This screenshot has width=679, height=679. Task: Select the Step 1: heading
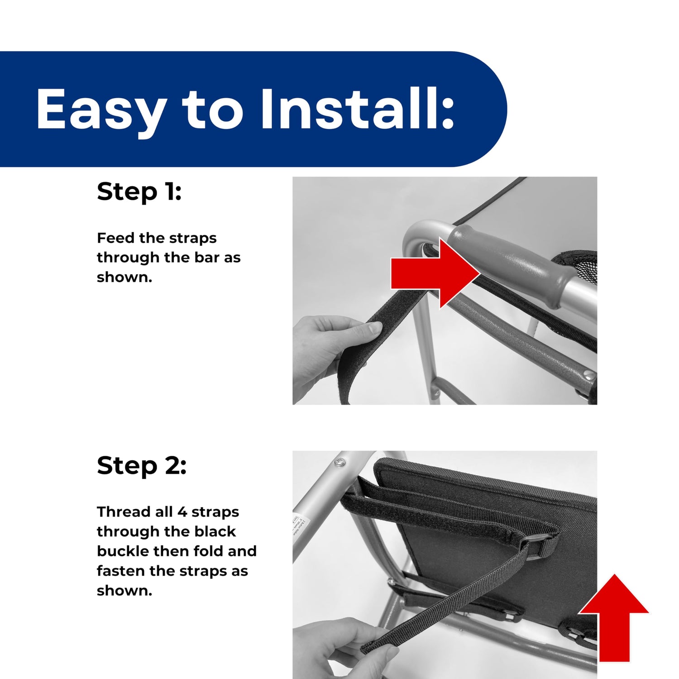click(x=139, y=192)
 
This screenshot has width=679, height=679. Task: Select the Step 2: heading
click(x=141, y=466)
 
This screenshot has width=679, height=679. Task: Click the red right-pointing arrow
click(x=435, y=273)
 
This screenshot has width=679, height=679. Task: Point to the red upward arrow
click(x=613, y=617)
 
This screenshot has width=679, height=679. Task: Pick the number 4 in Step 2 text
click(x=182, y=512)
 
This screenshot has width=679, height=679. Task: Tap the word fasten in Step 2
click(x=121, y=571)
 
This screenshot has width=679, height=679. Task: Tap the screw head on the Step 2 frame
click(x=339, y=462)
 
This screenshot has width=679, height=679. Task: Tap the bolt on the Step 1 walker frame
click(x=589, y=375)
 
